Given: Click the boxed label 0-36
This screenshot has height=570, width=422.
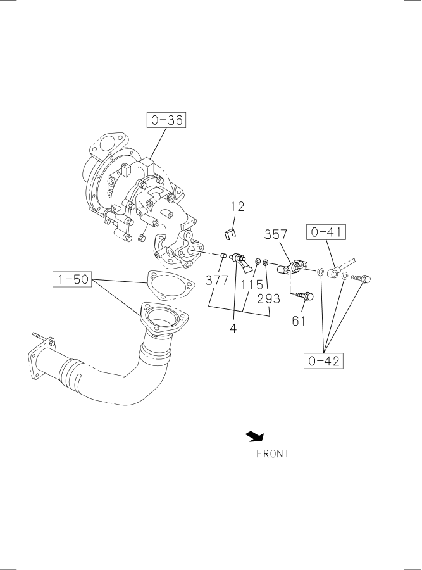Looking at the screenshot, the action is (166, 120).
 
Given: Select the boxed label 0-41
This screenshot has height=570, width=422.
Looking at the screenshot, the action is (326, 232).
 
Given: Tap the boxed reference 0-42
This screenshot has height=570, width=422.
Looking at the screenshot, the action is (323, 360).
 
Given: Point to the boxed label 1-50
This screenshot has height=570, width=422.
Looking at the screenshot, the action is (73, 279).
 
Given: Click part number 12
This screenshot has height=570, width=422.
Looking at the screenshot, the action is (238, 206).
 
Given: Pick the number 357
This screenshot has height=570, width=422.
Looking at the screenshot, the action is (276, 234).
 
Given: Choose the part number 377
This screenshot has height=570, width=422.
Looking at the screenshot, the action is (217, 281).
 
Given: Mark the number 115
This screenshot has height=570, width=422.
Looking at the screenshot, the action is (252, 284).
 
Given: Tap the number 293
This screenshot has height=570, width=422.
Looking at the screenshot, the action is (269, 298).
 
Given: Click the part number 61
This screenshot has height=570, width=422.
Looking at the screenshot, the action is (299, 320).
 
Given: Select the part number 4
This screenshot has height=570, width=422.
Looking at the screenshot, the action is (233, 328).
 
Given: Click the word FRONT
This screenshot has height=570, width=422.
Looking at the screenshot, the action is (273, 453).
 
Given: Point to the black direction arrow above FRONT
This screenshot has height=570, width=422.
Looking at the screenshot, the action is (255, 436).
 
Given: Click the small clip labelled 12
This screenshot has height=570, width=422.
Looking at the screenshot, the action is (229, 234).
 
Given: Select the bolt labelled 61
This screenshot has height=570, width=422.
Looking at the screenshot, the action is (305, 296).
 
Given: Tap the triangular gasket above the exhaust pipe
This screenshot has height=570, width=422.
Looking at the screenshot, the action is (170, 286).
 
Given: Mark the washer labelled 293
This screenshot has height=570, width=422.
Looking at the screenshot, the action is (266, 262).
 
